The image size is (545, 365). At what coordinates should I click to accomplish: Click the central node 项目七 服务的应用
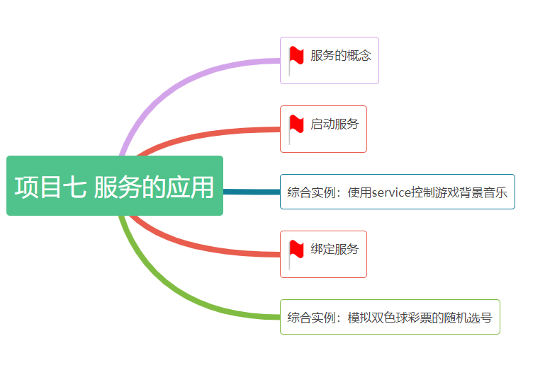(x=115, y=186)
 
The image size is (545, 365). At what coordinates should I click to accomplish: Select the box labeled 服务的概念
(x=329, y=60)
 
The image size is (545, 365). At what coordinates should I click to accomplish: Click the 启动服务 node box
(x=323, y=129)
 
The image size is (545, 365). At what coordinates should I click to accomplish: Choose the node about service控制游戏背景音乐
(x=397, y=192)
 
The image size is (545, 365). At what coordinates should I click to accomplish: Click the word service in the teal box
(x=392, y=192)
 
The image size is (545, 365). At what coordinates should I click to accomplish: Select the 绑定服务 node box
(x=323, y=254)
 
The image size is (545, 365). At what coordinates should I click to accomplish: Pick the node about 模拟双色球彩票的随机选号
(x=390, y=317)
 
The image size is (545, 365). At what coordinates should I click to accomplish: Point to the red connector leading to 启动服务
(x=213, y=133)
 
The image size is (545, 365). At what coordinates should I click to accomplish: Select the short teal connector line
(x=252, y=192)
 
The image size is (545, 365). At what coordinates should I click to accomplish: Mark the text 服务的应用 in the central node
(x=154, y=187)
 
